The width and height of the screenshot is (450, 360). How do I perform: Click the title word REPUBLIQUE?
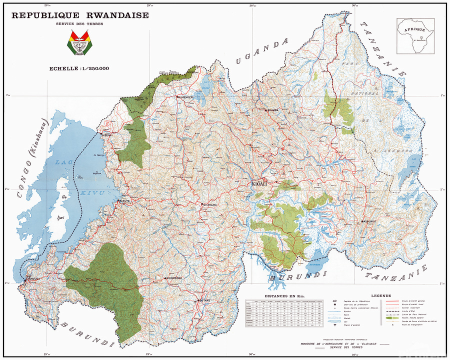click(x=44, y=15)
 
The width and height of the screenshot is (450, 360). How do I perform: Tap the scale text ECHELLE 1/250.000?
click(x=80, y=69)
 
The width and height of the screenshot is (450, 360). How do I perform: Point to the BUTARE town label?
click(x=206, y=300)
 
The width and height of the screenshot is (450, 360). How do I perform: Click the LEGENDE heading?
click(x=381, y=296)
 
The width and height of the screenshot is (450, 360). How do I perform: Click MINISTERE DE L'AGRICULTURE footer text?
click(x=337, y=344)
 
